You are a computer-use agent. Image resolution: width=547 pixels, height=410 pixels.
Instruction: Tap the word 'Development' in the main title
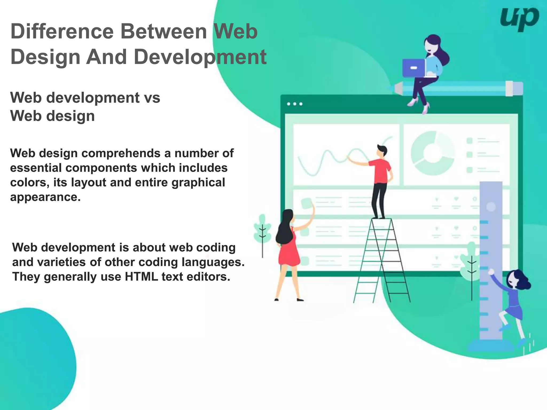pos(200,57)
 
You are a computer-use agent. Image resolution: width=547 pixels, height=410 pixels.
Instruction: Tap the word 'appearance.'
pos(45,197)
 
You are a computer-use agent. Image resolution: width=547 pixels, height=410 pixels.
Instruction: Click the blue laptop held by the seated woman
pos(413,68)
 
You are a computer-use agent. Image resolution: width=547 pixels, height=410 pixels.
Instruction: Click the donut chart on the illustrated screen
pos(432,153)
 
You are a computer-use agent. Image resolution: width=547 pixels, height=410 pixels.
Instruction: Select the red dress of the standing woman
pos(288,251)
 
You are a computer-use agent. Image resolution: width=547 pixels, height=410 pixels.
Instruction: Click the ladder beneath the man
pos(382,262)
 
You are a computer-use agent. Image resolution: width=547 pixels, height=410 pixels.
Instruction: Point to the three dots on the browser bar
pos(295,104)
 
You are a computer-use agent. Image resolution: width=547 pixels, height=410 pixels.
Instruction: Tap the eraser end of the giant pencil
pos(514,88)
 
